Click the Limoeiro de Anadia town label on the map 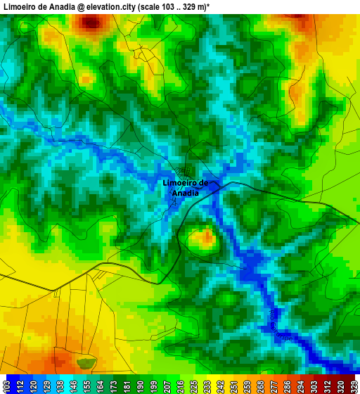(x=185, y=188)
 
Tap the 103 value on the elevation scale (x=6, y=386)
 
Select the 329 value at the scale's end (x=353, y=386)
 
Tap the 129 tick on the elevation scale (x=43, y=386)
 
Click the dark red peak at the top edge (x=90, y=22)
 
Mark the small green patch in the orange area (x=86, y=363)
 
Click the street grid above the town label (x=186, y=171)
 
